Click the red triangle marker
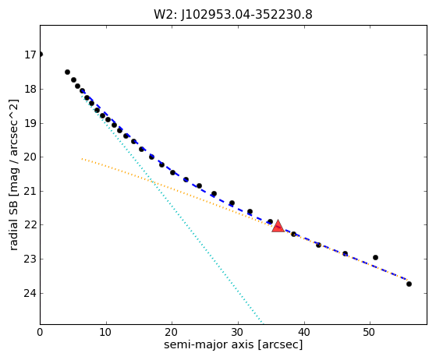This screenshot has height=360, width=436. (278, 226)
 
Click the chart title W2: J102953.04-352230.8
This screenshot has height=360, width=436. (233, 15)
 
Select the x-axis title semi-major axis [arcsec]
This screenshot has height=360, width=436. (233, 344)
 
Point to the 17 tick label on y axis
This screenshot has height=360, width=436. (30, 55)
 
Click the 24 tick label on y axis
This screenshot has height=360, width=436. (30, 293)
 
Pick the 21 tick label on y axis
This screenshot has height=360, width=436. (30, 191)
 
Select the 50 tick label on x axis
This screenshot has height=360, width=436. (369, 332)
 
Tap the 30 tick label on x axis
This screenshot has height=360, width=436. (238, 332)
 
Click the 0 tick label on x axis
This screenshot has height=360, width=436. (40, 332)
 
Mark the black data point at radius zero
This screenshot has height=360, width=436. (41, 55)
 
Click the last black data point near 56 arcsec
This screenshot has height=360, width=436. (409, 284)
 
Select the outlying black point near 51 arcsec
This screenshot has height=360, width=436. (375, 257)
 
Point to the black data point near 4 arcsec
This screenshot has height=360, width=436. (67, 72)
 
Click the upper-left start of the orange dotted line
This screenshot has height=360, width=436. (82, 159)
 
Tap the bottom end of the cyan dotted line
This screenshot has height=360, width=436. (263, 323)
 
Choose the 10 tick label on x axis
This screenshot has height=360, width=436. (105, 332)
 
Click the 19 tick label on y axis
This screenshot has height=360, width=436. (30, 123)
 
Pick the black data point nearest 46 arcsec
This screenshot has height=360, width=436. (345, 253)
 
